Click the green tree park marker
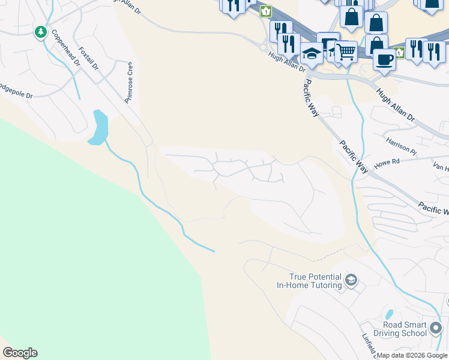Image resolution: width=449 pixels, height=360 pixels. pos(41,31)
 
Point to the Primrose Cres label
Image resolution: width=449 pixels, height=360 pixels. pos(128,82)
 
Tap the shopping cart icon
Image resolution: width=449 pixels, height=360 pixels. pos(345,52)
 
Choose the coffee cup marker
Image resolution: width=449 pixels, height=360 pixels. pos(384,59)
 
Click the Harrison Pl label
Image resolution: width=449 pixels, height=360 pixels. pos(402,145)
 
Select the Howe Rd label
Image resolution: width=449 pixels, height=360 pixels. pos(387,163)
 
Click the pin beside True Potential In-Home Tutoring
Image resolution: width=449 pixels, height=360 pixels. pos(351,280)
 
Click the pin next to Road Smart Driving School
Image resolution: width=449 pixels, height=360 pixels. pos(436,328)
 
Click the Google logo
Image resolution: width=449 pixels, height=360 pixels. pos(20,353)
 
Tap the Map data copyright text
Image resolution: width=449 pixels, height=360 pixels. pos(412,355)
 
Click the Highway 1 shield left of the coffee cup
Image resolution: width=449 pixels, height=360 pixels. pos(400,53)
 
